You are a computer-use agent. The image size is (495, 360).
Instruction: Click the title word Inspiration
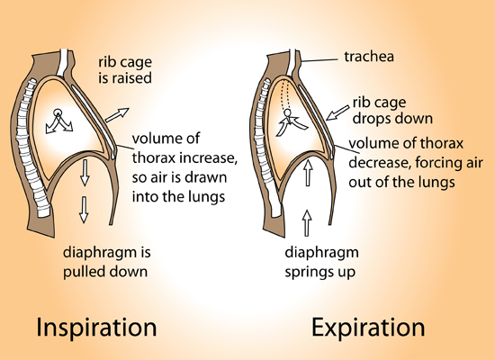tap(96, 328)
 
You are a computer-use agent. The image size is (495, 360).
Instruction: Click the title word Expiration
tap(368, 328)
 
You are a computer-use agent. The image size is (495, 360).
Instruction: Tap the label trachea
tap(369, 57)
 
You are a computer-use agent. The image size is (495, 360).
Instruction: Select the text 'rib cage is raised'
tap(125, 70)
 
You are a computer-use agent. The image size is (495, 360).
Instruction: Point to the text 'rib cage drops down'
tap(392, 111)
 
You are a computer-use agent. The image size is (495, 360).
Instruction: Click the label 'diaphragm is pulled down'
tap(107, 262)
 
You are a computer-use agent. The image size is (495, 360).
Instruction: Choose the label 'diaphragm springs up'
tap(321, 262)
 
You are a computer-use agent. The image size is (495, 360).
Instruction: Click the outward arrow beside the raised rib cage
tap(117, 115)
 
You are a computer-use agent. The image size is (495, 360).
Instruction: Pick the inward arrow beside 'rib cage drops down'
tap(337, 113)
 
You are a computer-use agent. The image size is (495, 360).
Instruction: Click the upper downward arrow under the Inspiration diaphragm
tap(85, 173)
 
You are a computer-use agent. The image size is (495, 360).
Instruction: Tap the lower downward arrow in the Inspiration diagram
tap(84, 210)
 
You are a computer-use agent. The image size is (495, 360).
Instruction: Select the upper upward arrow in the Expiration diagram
tap(308, 173)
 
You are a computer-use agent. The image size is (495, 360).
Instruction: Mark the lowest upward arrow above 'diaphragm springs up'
tap(307, 223)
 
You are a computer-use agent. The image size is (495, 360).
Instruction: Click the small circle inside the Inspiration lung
tap(58, 112)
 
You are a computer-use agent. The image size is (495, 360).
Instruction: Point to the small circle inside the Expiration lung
tap(287, 112)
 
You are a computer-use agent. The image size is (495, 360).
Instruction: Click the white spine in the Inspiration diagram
tap(31, 148)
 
